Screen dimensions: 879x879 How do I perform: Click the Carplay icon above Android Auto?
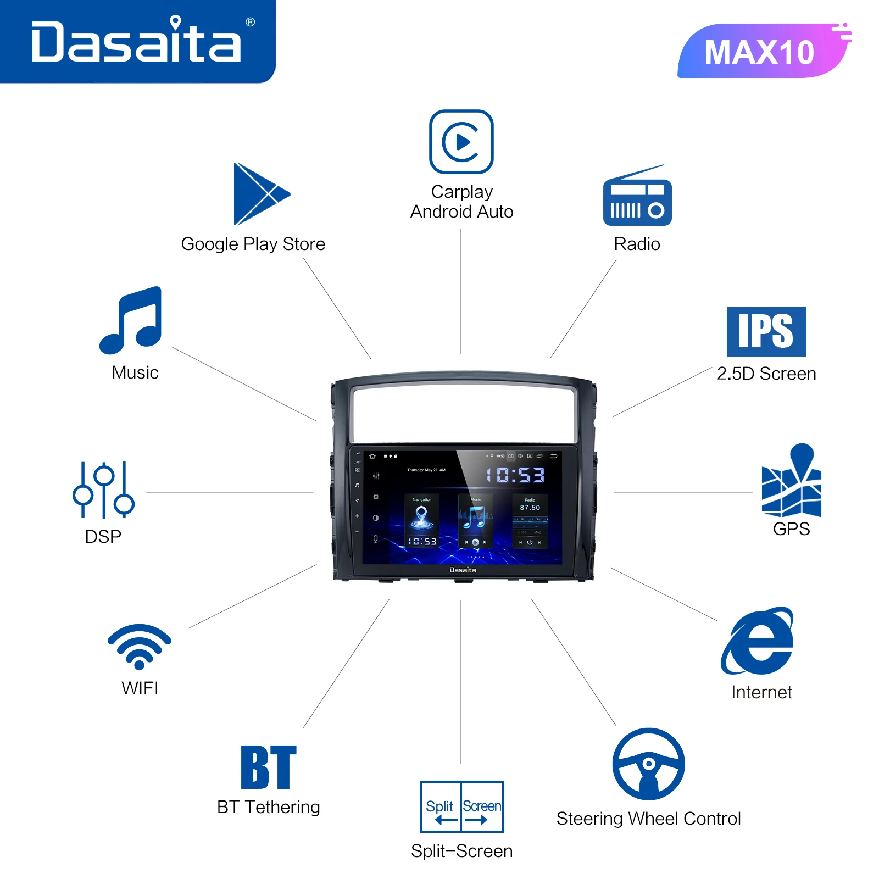pos(461,142)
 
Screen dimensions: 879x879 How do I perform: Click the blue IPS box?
pos(766,332)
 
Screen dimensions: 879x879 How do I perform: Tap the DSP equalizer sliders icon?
pos(103,490)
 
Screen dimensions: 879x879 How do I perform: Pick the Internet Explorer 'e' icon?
pos(759,641)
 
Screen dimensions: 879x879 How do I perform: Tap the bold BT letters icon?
pos(269,767)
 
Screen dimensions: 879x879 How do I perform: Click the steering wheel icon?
pos(648,764)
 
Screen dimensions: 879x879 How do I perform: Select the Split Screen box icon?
pos(461,806)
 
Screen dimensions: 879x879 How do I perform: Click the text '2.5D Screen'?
pos(766,374)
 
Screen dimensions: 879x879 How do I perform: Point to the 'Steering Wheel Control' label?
pos(648,819)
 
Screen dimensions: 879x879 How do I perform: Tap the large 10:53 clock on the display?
pos(515,475)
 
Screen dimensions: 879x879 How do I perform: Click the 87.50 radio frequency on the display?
pos(530,508)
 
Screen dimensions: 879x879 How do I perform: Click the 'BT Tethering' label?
pos(269,807)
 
